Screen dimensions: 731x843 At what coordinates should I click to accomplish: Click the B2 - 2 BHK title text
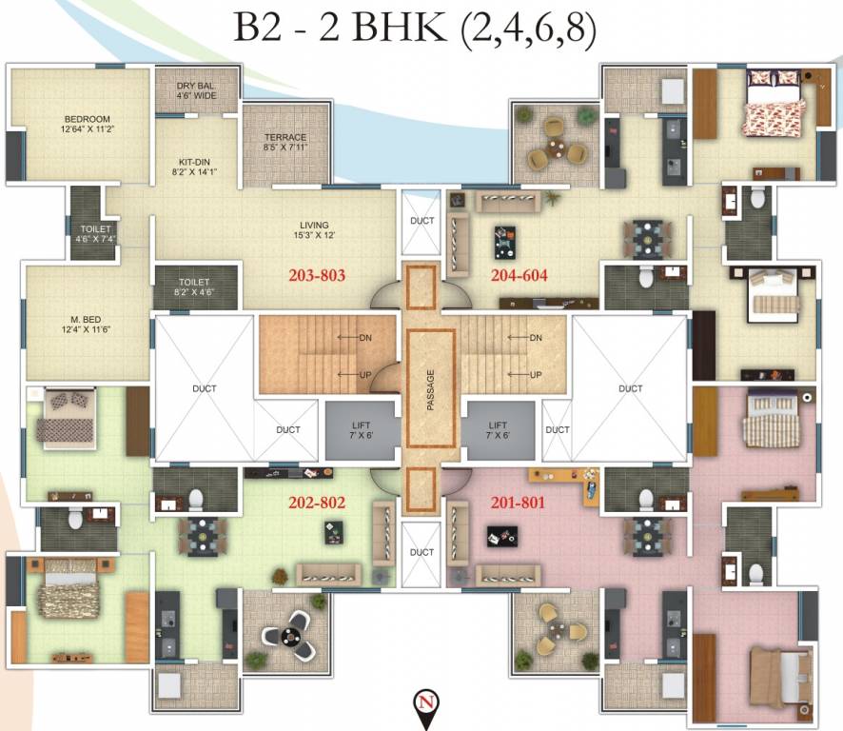(416, 30)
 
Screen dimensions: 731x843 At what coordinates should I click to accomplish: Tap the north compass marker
(423, 705)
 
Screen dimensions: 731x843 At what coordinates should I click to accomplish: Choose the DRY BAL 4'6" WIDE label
(195, 90)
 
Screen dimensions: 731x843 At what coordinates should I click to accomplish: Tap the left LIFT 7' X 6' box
(360, 430)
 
